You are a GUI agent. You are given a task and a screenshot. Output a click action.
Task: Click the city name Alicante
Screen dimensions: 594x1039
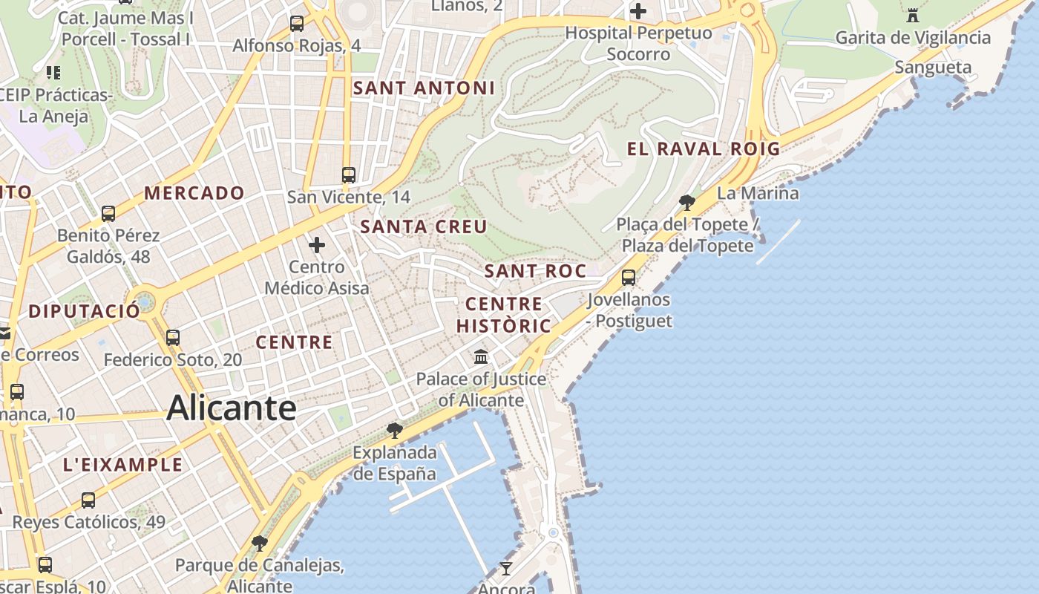pos(232,408)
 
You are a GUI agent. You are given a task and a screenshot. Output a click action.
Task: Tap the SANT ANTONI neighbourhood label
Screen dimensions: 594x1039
pos(423,88)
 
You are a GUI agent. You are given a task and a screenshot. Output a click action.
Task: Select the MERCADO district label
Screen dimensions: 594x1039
pos(194,193)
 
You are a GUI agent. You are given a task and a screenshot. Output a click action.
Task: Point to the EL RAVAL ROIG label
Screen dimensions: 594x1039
pos(704,148)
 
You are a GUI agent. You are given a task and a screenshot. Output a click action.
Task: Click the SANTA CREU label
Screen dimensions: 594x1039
pos(424,227)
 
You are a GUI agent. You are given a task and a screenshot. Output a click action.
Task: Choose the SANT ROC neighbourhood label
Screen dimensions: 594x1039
pos(535,271)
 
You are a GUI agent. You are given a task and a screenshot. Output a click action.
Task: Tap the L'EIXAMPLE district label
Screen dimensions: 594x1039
pos(122,465)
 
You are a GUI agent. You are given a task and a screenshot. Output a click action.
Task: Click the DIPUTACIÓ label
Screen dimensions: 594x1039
pos(84,311)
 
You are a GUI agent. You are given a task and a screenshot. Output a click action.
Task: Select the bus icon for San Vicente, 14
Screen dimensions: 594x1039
pos(349,175)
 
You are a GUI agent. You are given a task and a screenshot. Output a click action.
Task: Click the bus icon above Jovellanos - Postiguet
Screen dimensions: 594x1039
pos(629,278)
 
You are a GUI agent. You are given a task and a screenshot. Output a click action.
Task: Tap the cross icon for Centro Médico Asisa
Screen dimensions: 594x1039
pos(317,244)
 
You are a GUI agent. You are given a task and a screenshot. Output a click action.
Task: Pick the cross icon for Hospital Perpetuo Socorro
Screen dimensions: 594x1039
pos(638,11)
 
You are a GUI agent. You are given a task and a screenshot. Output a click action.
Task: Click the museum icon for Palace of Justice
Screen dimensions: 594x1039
pos(481,357)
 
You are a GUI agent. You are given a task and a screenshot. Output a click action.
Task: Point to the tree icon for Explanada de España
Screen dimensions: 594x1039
pos(395,431)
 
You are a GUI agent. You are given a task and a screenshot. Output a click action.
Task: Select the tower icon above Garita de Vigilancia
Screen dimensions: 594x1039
pos(913,15)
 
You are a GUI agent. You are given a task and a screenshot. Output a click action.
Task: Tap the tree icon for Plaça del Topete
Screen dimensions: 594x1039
pos(687,202)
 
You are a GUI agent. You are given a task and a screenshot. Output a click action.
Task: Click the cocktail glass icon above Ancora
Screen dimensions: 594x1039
pos(506,568)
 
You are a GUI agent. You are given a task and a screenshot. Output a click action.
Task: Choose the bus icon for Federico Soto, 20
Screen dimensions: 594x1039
pos(173,338)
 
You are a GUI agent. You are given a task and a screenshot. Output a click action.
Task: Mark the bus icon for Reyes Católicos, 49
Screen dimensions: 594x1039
pos(88,500)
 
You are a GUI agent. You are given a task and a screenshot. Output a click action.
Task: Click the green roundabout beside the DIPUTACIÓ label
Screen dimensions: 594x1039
pos(145,302)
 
